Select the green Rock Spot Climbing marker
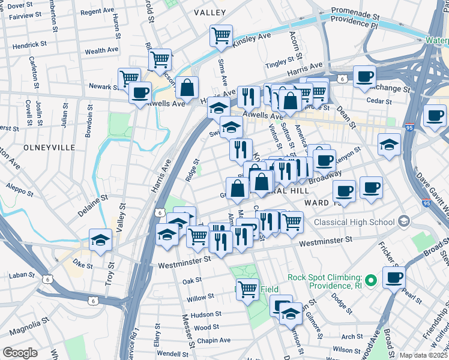(371, 280)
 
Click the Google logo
(20, 353)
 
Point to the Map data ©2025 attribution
(423, 355)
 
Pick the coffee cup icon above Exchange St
(364, 77)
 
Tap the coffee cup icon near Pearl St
(394, 278)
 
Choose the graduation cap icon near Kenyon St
(389, 145)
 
